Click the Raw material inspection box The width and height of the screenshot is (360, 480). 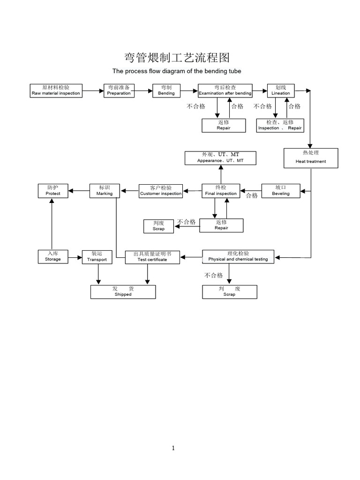(56, 90)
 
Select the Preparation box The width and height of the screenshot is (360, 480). (119, 90)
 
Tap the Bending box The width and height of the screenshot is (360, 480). (166, 90)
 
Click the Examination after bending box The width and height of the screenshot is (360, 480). (225, 90)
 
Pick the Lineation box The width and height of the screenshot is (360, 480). (281, 90)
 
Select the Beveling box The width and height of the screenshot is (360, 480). (281, 190)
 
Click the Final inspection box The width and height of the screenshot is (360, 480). (221, 190)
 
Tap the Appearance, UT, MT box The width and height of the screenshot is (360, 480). (220, 157)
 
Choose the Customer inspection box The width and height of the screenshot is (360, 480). (161, 191)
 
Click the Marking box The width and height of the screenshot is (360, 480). (105, 190)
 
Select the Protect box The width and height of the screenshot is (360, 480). (53, 190)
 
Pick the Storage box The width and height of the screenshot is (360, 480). (53, 256)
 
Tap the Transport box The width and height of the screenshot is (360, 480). (97, 256)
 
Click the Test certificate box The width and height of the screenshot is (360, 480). (152, 257)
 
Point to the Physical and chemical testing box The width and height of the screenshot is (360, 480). (238, 256)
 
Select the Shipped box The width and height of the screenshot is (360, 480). (123, 292)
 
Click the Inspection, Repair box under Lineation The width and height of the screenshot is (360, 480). (280, 125)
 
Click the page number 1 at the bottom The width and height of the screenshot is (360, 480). (173, 448)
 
